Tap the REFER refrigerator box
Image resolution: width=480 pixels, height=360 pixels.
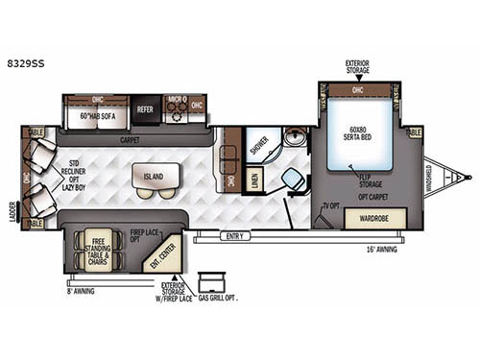(x=146, y=110)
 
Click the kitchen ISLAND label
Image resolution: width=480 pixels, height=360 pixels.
(x=154, y=177)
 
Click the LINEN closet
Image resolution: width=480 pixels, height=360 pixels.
(x=254, y=180)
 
